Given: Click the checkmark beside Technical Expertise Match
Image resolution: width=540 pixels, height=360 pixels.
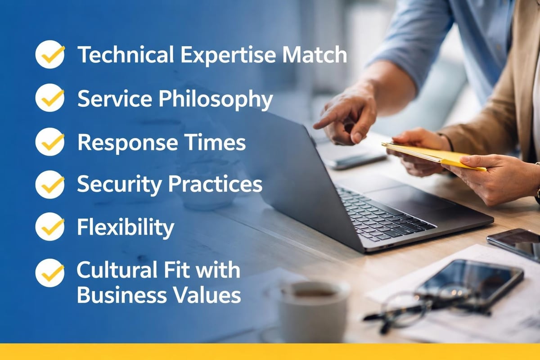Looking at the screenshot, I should point(50,54).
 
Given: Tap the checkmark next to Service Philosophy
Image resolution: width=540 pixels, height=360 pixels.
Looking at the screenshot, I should point(50,98).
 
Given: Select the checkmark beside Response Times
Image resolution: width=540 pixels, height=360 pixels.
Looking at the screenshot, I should point(50,141).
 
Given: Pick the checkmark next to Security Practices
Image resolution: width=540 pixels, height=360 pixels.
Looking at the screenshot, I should point(50,184).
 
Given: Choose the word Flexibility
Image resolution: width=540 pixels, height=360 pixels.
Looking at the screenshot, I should point(126,228).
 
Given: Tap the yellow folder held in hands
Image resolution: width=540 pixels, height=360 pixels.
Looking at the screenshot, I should point(432,155).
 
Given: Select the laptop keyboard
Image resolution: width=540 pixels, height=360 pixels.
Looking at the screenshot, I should point(382,211).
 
